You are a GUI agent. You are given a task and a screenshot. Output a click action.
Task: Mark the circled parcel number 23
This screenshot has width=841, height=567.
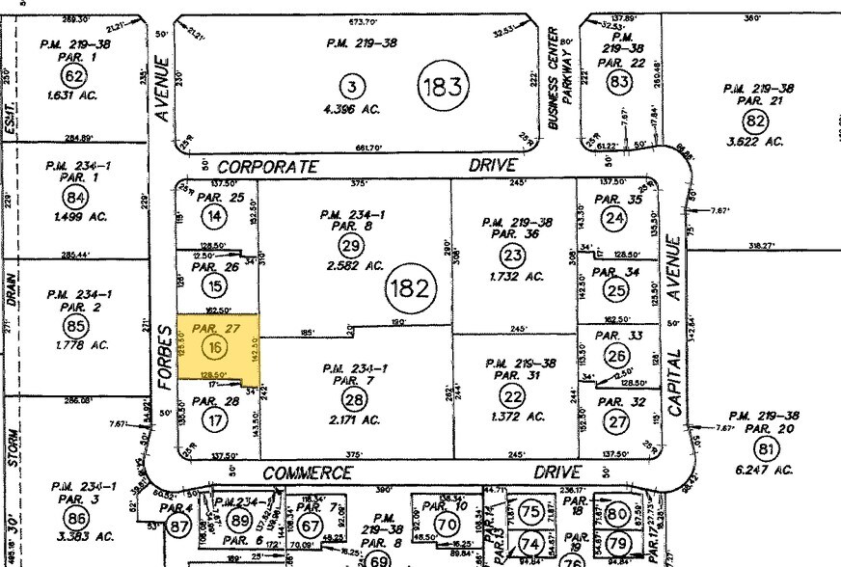pos(512,256)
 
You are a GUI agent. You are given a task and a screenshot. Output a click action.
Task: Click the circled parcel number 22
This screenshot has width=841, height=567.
pos(511,393)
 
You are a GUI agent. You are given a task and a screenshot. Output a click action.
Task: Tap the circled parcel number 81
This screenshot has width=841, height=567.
pos(768,448)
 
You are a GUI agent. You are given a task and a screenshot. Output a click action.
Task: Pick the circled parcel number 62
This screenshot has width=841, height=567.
pos(72,76)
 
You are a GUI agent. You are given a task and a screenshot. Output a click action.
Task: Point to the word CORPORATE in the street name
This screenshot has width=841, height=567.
pos(267,166)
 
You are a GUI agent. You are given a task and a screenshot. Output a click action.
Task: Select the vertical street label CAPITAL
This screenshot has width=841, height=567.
pos(674,382)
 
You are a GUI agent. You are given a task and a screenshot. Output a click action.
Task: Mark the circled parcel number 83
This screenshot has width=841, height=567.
pos(618,84)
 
